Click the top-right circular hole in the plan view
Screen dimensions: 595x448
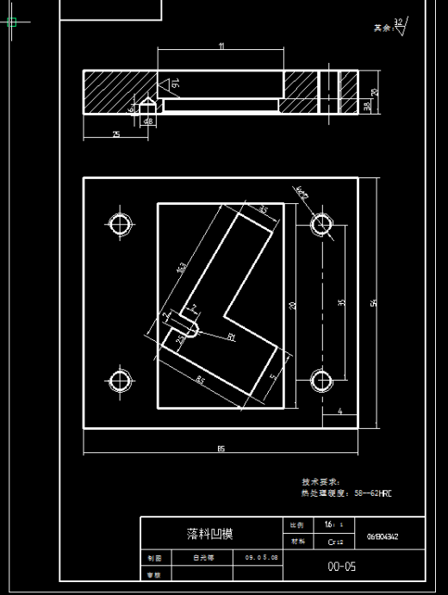[322, 225]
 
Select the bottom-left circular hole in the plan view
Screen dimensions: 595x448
[120, 379]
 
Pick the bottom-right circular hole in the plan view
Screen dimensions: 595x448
[322, 379]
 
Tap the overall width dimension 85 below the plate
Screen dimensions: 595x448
[221, 448]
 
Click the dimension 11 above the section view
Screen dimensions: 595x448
[221, 46]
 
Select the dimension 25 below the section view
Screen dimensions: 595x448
[116, 133]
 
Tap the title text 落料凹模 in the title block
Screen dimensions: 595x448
[209, 534]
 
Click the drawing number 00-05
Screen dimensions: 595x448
[341, 567]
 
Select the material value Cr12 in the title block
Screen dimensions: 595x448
[336, 542]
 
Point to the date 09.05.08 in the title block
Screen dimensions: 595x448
[261, 557]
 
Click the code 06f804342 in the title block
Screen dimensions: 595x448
[383, 536]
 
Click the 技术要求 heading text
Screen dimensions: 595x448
[320, 482]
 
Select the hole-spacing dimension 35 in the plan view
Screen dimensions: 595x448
[342, 302]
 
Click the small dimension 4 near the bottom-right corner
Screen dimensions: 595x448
[340, 412]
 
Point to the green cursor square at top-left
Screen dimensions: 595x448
[12, 22]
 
